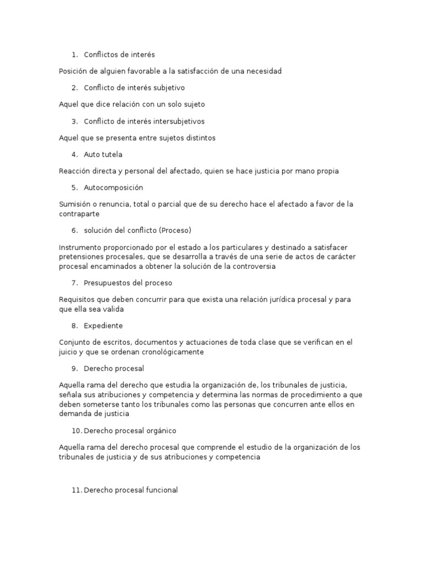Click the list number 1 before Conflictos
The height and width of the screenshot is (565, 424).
pos(73,55)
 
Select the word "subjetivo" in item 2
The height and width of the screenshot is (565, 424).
pos(167,88)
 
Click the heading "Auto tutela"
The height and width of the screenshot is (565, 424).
pos(103,154)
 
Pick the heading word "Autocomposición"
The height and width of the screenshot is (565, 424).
pos(113,188)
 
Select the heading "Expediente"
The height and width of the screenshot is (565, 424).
pos(103,326)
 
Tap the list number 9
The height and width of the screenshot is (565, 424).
pos(73,368)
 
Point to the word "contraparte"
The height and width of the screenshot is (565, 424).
pos(79,214)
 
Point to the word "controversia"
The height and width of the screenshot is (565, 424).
pos(252,266)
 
